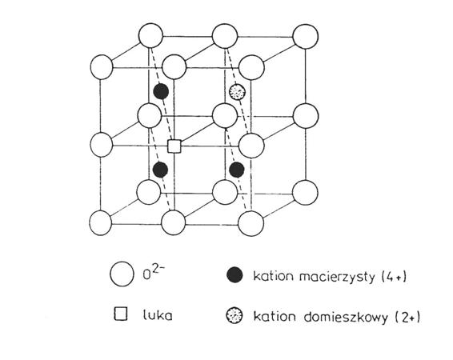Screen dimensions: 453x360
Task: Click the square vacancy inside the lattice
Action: (174, 146)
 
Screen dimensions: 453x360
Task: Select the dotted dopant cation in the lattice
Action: (237, 92)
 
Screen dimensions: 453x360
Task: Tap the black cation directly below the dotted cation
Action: (237, 170)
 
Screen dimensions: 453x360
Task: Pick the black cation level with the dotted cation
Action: (161, 91)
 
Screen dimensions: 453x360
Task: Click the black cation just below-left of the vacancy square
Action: (160, 170)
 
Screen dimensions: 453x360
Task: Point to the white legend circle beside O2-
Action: (122, 274)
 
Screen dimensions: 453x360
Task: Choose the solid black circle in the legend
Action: (235, 274)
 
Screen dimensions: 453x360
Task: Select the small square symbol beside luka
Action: (121, 314)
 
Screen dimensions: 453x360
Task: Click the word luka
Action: (158, 315)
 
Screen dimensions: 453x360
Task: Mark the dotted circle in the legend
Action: (235, 315)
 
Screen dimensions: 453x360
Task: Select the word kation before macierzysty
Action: (274, 276)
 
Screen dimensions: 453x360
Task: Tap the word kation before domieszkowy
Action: (275, 317)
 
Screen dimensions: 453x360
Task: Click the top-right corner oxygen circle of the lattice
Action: (306, 36)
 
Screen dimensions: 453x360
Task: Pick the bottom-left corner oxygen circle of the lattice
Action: (101, 223)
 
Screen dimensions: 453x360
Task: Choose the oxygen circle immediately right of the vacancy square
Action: (251, 146)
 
